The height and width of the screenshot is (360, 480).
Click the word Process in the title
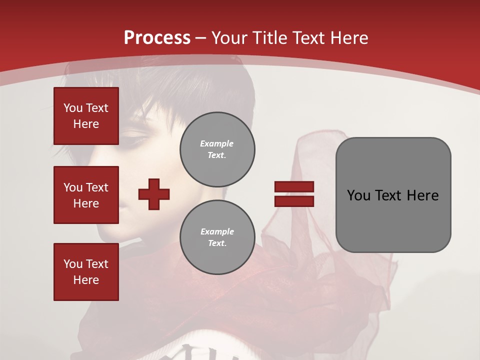coord(157,38)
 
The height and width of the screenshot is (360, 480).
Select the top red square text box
coord(86,116)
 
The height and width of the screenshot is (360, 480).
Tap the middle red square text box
coord(86,195)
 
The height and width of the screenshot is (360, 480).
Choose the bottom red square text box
coord(86,272)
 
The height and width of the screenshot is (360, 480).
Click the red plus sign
coord(154,194)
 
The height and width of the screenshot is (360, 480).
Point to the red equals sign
coord(294,194)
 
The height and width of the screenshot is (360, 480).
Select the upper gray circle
coord(217,149)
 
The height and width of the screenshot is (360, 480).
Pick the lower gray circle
coord(217,237)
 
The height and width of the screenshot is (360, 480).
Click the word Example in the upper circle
coord(217,143)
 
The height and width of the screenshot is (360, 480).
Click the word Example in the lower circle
coord(217,231)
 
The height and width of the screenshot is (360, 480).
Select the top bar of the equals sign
coord(294,187)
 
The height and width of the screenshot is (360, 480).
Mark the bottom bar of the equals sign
coord(294,201)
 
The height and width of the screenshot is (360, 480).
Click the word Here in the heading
coord(348,38)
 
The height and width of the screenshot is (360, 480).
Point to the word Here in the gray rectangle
coord(422,195)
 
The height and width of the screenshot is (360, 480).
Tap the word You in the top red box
coord(72,108)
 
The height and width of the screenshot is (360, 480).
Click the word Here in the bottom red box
coord(86,280)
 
